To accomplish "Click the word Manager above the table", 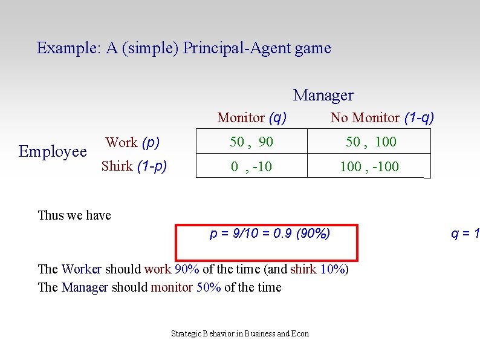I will [323, 95].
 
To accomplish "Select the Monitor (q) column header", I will [251, 117].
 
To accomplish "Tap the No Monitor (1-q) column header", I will [381, 117].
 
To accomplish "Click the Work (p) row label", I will [132, 143].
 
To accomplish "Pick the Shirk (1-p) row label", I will [134, 166].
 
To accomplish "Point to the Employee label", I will [53, 151].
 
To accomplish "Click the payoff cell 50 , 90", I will [251, 142].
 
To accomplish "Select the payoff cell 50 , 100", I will [371, 142].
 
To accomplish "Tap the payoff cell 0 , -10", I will [251, 166].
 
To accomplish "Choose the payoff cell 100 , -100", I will [369, 166].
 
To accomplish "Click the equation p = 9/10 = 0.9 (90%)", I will [270, 234].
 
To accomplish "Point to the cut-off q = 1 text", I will [465, 234].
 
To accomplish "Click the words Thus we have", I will [74, 215].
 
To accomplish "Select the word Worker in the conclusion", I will [82, 269].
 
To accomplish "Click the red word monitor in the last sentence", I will [172, 287].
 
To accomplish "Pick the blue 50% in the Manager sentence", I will [209, 287].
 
